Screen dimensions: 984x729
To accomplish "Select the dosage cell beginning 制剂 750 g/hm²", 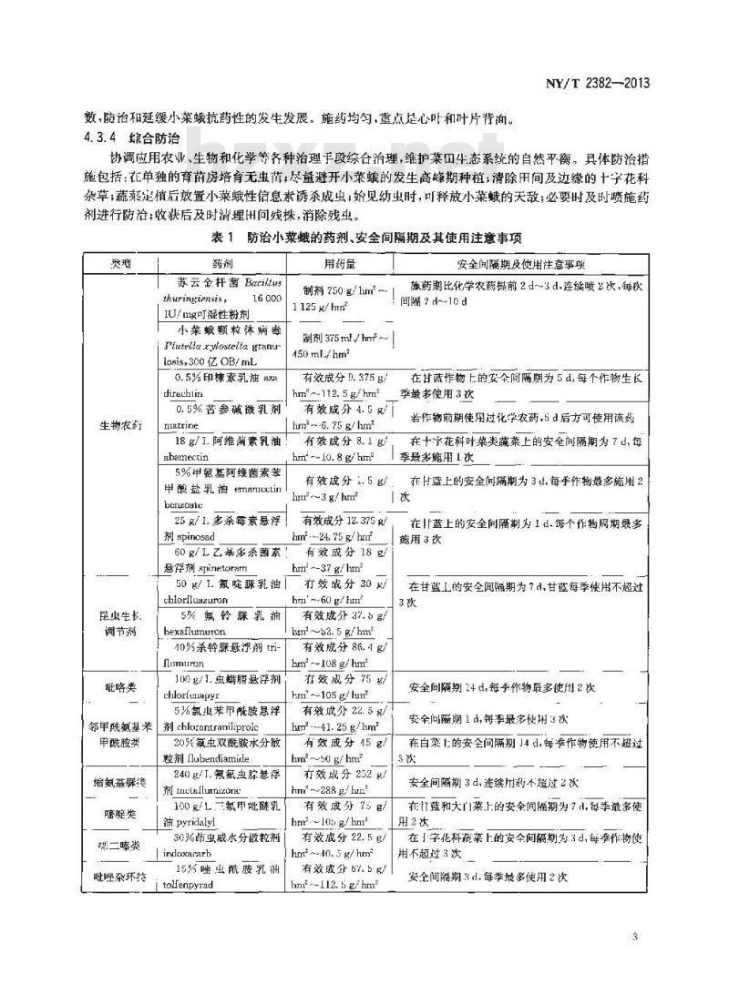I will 338,294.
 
